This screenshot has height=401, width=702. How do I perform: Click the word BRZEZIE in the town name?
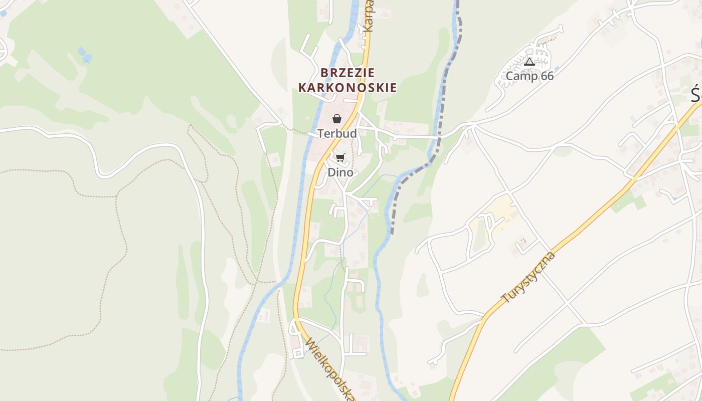tap(347, 73)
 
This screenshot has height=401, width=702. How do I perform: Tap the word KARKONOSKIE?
tap(347, 88)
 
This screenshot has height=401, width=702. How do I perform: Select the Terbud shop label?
tap(337, 133)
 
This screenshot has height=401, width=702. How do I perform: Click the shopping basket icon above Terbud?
tap(337, 119)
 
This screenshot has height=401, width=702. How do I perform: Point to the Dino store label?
tap(340, 172)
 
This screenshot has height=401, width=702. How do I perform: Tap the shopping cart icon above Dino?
tap(340, 158)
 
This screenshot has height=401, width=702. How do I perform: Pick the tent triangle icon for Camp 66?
tap(530, 62)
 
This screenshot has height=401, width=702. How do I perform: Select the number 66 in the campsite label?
tap(547, 76)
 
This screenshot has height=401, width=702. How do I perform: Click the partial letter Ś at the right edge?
tap(696, 94)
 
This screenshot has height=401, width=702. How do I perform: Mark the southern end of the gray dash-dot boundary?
tap(392, 233)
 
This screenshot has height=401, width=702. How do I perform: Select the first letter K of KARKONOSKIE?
tap(303, 88)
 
